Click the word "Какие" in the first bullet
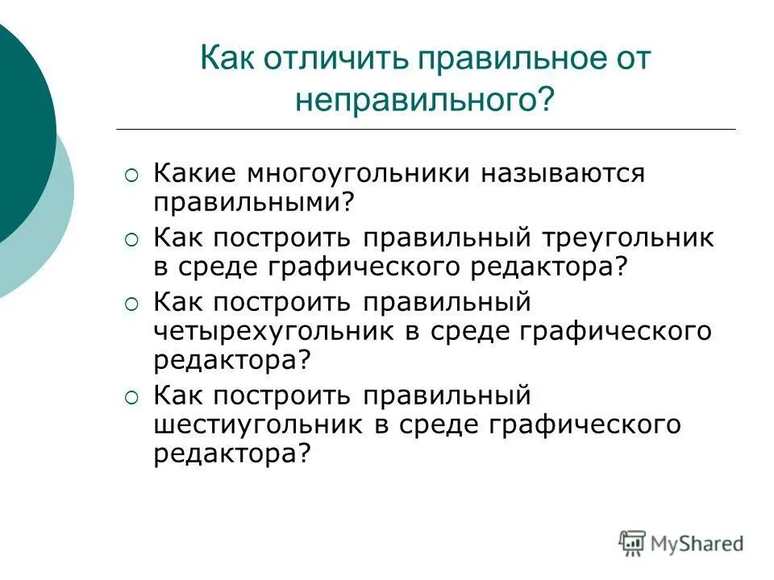(x=194, y=172)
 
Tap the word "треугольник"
(x=627, y=238)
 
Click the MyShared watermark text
(x=698, y=544)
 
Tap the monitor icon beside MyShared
(x=633, y=542)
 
